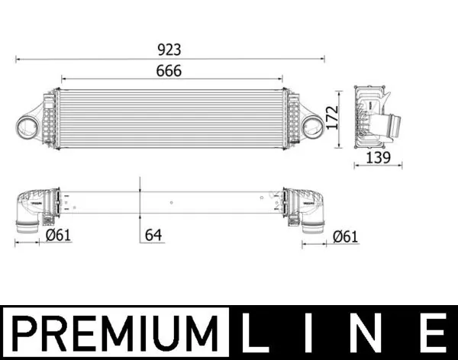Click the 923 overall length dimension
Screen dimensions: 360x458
pyautogui.click(x=169, y=50)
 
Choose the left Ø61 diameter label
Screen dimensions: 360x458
pyautogui.click(x=58, y=236)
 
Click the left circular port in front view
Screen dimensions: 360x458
pyautogui.click(x=28, y=125)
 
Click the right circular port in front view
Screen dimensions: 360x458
pyautogui.click(x=312, y=126)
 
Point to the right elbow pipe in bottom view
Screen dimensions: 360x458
pyautogui.click(x=311, y=210)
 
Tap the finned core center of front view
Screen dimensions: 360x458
pyautogui.click(x=170, y=118)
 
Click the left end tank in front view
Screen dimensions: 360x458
pyautogui.click(x=50, y=118)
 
